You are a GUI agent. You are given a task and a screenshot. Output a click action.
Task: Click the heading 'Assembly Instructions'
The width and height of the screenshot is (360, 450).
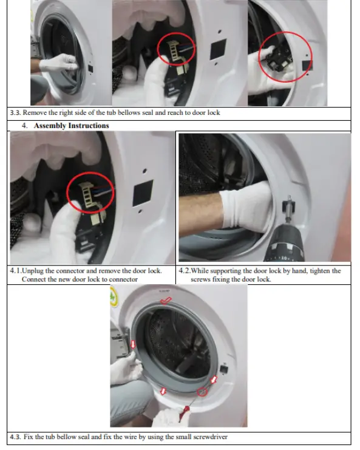pyautogui.click(x=71, y=126)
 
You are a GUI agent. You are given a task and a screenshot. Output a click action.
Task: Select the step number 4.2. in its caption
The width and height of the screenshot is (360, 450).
pyautogui.click(x=185, y=271)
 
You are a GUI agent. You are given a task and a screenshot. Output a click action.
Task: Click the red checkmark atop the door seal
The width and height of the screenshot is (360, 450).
pyautogui.click(x=165, y=300)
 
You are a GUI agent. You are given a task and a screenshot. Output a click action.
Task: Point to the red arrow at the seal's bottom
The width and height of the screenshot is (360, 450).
pyautogui.click(x=163, y=392)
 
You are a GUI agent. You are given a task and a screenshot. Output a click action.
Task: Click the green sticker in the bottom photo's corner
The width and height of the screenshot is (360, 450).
pyautogui.click(x=114, y=296)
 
